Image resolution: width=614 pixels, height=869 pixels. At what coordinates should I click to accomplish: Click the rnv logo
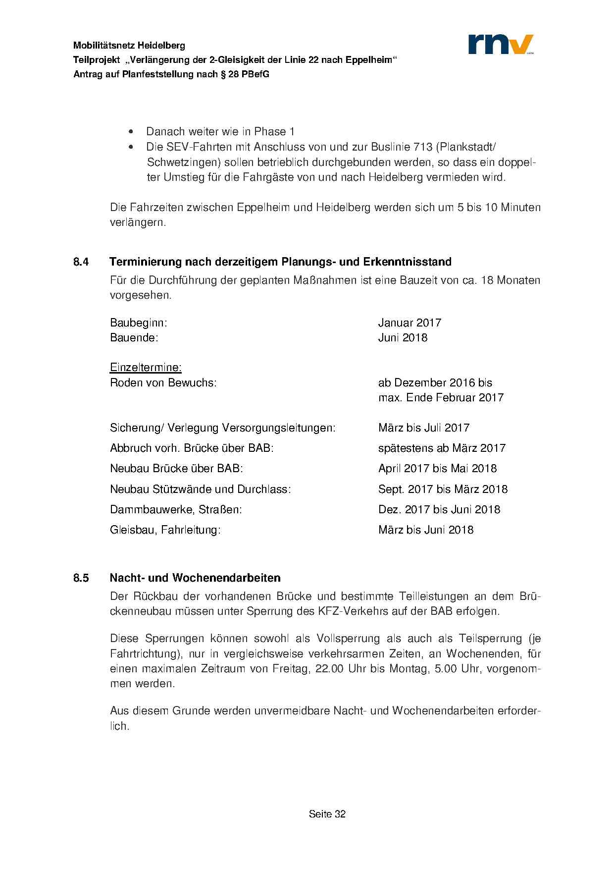tap(501, 44)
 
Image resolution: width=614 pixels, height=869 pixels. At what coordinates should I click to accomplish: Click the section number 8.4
tap(81, 262)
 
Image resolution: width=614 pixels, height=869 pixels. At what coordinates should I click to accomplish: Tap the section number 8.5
tap(81, 578)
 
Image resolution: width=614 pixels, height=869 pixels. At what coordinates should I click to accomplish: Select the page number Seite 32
tap(327, 814)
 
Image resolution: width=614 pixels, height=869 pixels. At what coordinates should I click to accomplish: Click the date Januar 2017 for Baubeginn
tap(409, 323)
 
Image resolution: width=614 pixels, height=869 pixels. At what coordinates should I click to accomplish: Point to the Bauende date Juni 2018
tap(403, 338)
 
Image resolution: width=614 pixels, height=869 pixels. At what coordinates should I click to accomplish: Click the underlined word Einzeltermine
tap(146, 368)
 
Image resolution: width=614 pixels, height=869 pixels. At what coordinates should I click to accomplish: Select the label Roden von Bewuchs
tap(163, 383)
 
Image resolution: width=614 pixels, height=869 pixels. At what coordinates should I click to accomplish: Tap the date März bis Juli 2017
tap(424, 428)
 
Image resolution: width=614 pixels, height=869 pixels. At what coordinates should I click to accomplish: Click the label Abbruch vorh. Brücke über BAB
tap(192, 448)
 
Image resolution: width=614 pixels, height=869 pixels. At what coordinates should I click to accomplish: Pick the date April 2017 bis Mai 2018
tap(437, 469)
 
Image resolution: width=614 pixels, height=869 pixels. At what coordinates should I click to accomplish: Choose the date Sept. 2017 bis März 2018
tap(443, 489)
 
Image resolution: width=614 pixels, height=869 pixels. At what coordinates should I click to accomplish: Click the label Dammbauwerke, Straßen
tap(176, 510)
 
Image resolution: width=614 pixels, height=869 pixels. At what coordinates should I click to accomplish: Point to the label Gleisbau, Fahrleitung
tap(165, 530)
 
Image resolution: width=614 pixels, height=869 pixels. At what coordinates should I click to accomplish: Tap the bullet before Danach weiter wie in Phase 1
tap(131, 132)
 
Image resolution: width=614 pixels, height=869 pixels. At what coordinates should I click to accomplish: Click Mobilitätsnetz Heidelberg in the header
tap(129, 46)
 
